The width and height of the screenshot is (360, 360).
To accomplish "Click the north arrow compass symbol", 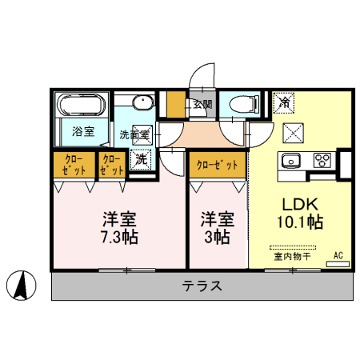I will tap(24, 285).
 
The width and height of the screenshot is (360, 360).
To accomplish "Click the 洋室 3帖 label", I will tap(216, 227).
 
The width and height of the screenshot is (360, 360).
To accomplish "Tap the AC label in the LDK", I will tap(338, 256).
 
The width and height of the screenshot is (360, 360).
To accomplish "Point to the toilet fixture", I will tap(241, 104).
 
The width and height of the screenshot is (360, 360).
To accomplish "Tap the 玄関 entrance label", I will tap(202, 104).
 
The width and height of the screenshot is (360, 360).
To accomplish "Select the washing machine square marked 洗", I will tap(141, 158).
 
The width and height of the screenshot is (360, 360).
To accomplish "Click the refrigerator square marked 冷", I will tap(284, 102).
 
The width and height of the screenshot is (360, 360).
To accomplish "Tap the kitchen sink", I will tap(290, 158).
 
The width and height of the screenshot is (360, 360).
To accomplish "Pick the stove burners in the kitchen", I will tap(322, 158).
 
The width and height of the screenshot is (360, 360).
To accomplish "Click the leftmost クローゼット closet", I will tap(73, 164).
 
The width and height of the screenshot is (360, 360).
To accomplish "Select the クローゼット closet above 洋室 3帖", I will tap(218, 165).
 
